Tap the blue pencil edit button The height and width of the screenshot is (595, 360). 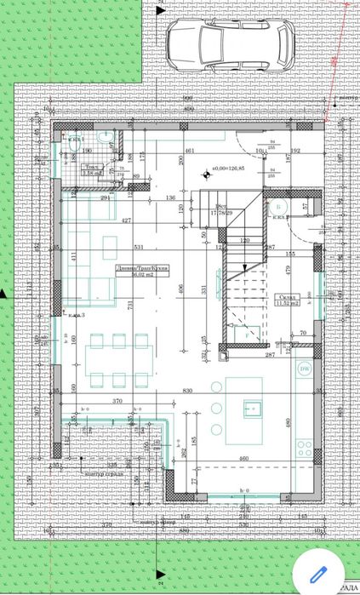(319, 570)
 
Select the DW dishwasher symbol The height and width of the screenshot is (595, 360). (304, 369)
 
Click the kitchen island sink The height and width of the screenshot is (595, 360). (253, 407)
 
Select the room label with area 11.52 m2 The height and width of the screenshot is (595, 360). (290, 300)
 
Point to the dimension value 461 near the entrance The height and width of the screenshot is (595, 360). (191, 151)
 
